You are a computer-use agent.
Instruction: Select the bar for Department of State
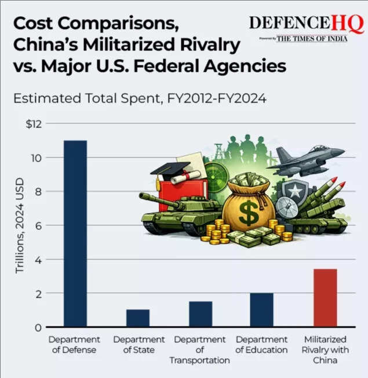[x=138, y=318]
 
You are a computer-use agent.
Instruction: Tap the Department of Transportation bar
[x=201, y=314]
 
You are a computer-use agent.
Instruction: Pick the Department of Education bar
[x=262, y=310]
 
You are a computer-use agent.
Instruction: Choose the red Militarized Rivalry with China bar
[x=325, y=298]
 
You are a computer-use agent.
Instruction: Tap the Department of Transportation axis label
[x=200, y=350]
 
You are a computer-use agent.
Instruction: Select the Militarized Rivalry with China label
[x=325, y=350]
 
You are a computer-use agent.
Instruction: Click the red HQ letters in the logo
[x=348, y=24]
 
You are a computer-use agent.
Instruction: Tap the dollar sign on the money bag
[x=249, y=213]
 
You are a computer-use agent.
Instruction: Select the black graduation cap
[x=170, y=168]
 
